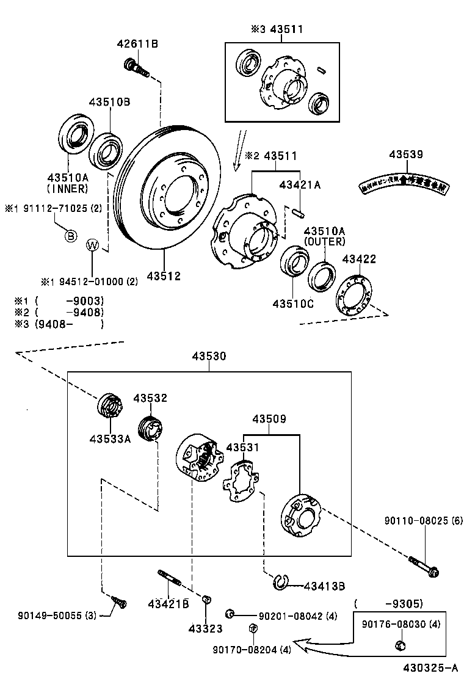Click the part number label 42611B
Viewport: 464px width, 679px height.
[x=137, y=43]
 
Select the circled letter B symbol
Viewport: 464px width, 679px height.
[x=71, y=236]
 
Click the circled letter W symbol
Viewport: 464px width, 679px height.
[x=92, y=245]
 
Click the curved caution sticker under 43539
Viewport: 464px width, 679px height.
[x=405, y=183]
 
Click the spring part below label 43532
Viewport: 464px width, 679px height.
[x=150, y=426]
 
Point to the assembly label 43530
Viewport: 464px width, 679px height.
[x=209, y=356]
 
